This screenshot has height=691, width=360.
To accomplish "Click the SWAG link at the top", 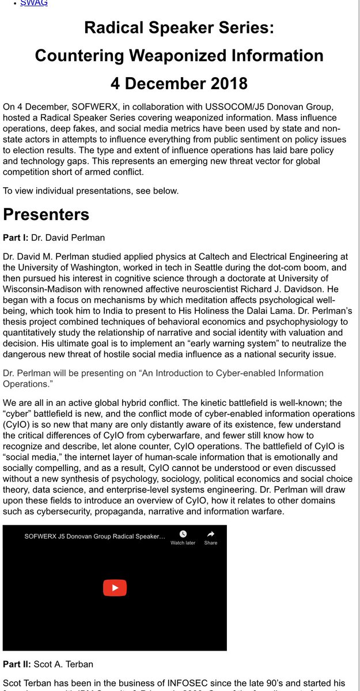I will pos(34,3).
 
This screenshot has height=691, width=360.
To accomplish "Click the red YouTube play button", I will pos(115,588).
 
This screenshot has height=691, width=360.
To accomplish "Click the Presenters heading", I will pos(46,214).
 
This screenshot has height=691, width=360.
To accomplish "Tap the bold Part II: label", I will pos(17,664).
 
